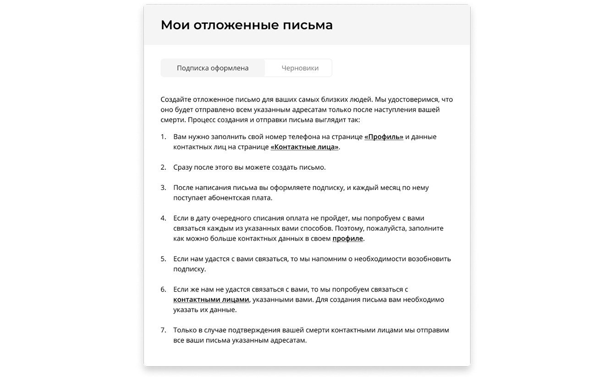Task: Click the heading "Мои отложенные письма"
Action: pyautogui.click(x=247, y=25)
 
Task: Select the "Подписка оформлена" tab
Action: pyautogui.click(x=213, y=68)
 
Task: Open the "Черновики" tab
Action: pyautogui.click(x=300, y=68)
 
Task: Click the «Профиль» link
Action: pyautogui.click(x=384, y=137)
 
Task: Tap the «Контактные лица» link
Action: pyautogui.click(x=304, y=147)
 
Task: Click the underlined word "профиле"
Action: pyautogui.click(x=347, y=238)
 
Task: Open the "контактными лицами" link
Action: pyautogui.click(x=211, y=300)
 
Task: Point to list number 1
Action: pyautogui.click(x=163, y=137)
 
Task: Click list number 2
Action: pyautogui.click(x=163, y=168)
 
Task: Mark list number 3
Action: pyautogui.click(x=163, y=188)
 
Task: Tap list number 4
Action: pyautogui.click(x=163, y=218)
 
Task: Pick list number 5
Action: pyautogui.click(x=163, y=259)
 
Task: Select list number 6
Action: pyautogui.click(x=163, y=290)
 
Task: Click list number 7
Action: pyautogui.click(x=163, y=330)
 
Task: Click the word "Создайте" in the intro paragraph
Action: pyautogui.click(x=175, y=100)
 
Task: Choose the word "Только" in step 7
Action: pyautogui.click(x=184, y=330)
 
